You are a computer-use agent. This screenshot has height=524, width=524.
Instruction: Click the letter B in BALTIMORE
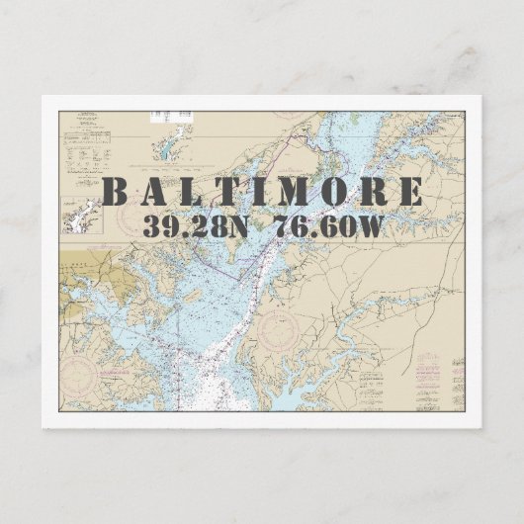[117, 191]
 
